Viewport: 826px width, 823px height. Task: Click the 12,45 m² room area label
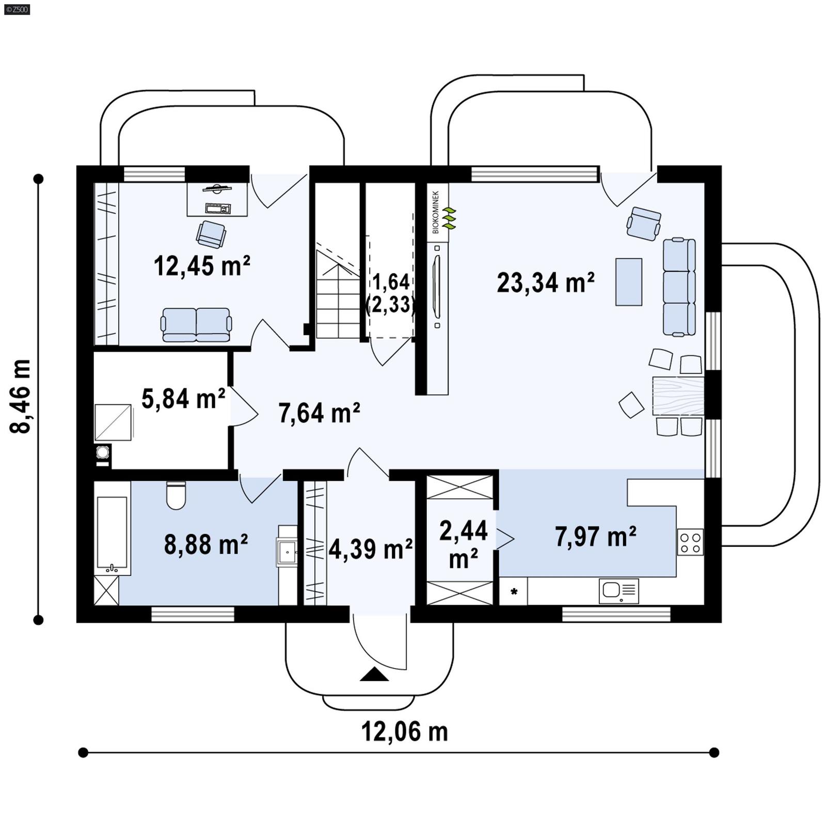point(202,266)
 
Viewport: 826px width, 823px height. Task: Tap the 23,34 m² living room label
point(545,282)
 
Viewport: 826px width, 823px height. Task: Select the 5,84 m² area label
point(183,399)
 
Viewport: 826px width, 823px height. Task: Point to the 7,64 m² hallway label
point(319,413)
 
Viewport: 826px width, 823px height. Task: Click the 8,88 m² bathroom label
point(205,544)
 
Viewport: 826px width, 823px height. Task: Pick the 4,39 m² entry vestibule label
point(370,549)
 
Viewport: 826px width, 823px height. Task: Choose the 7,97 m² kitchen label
point(595,536)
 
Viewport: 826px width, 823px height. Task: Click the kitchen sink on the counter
point(618,591)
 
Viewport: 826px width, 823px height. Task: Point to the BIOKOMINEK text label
point(436,212)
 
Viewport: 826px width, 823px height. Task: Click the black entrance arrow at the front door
point(374,675)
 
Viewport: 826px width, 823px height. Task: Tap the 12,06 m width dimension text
point(404,732)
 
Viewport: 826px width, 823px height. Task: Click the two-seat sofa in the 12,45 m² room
point(196,325)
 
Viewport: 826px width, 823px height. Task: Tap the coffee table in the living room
point(628,282)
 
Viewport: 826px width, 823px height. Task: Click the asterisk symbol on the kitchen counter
point(514,592)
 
